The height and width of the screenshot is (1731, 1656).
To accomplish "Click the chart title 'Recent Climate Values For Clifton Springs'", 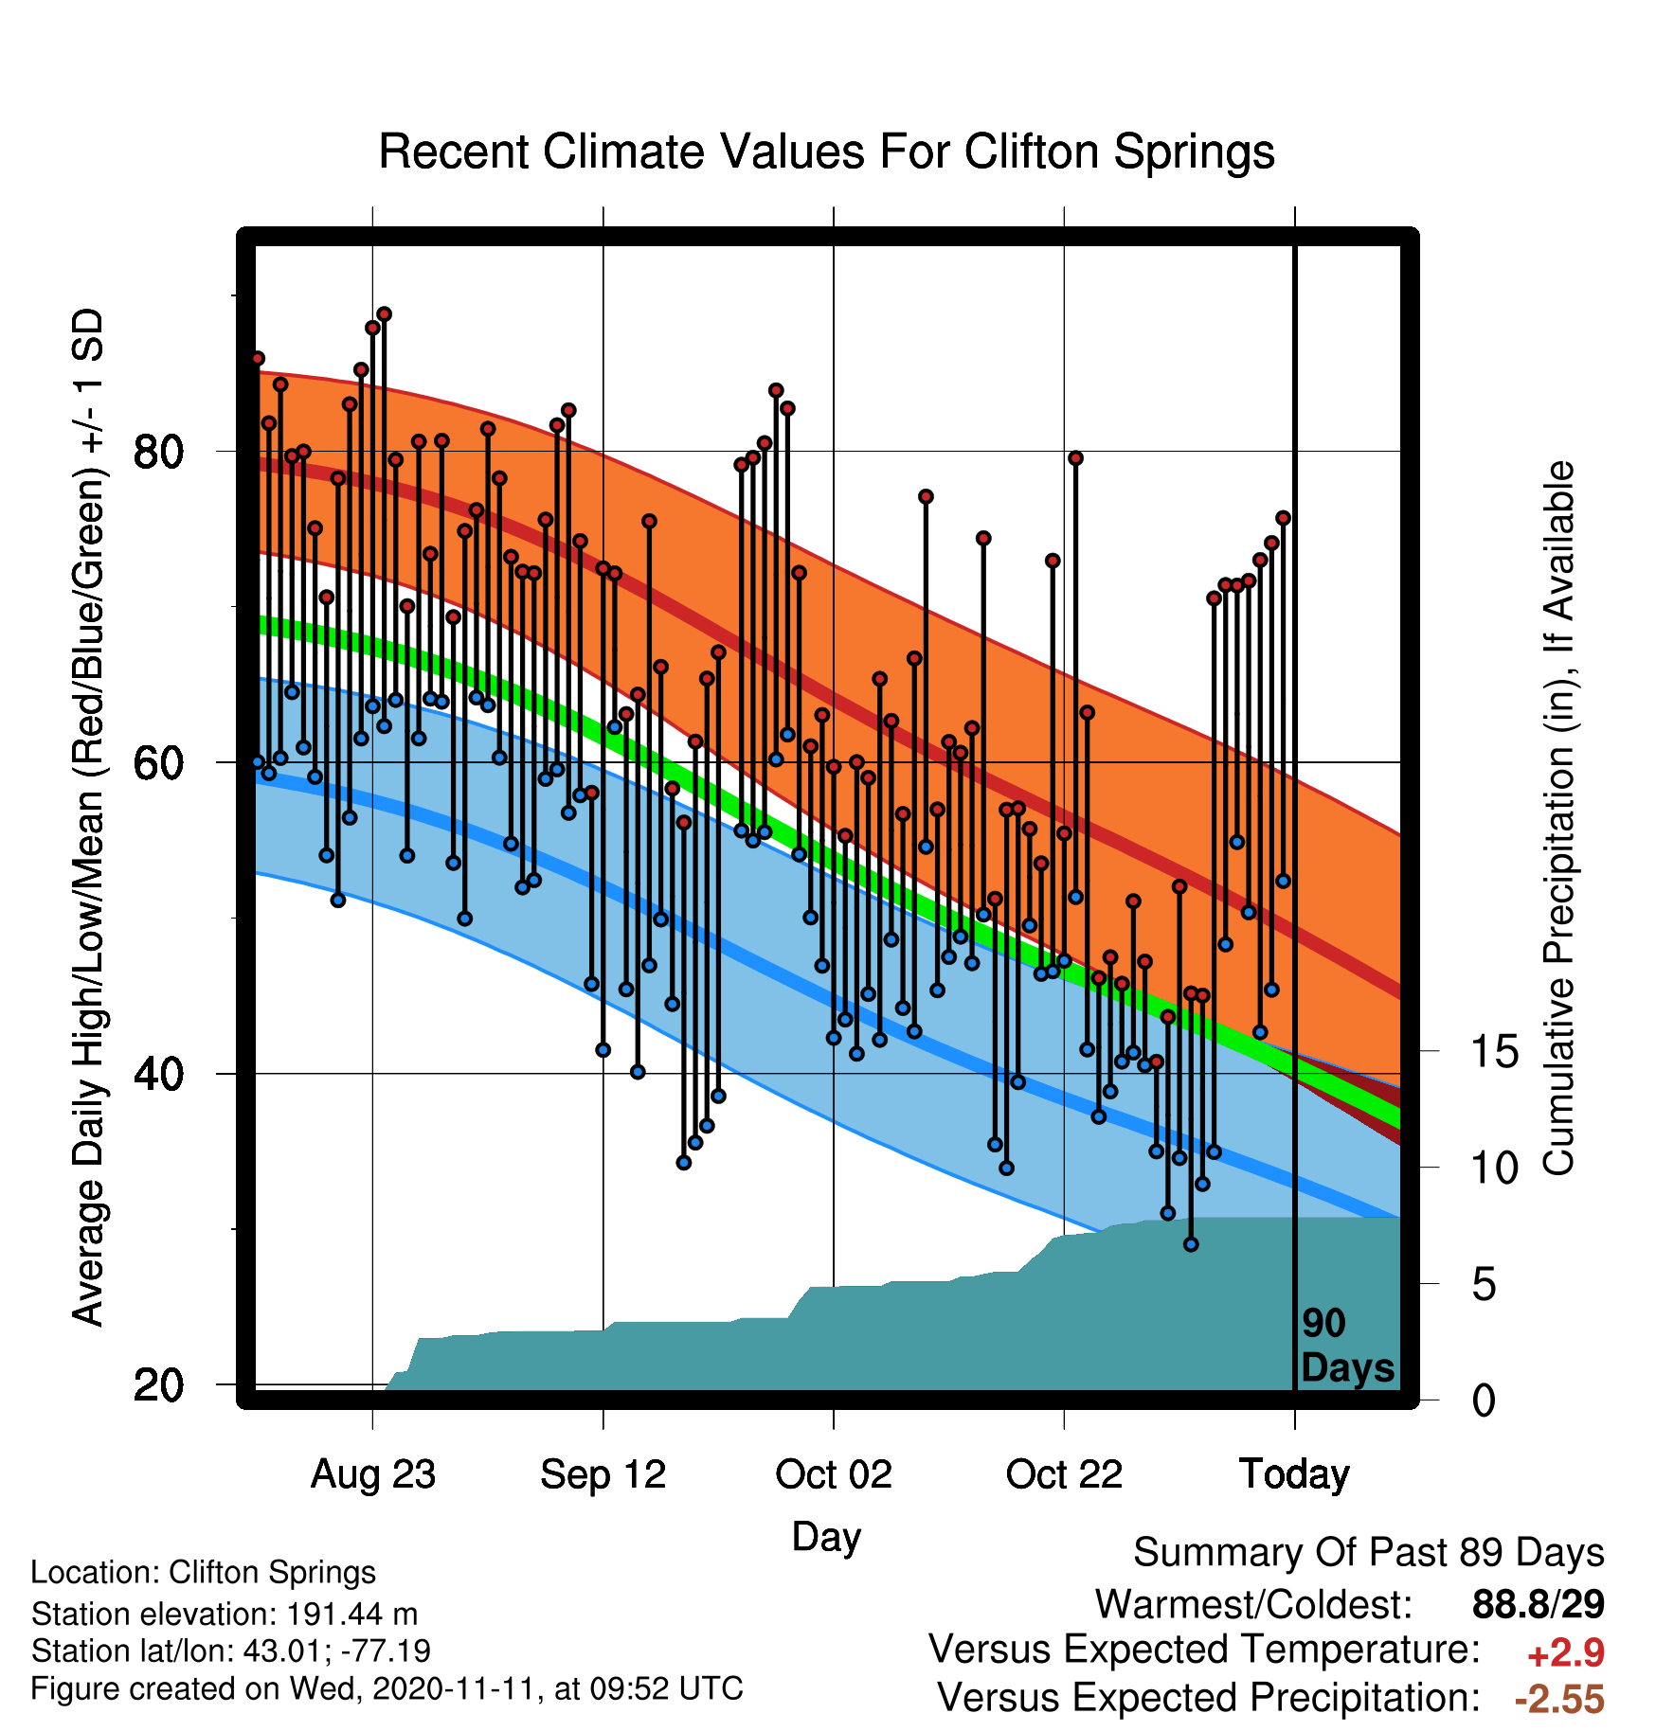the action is pos(826,152).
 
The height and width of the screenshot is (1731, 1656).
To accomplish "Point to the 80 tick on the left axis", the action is pos(158,452).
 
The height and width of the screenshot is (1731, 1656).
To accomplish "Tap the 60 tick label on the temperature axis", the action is pos(158,762).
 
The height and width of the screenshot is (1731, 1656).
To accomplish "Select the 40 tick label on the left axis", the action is pos(158,1074).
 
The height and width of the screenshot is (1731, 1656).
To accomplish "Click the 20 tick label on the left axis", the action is pos(158,1384).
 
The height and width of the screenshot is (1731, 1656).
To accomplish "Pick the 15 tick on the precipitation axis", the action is pos(1495,1051).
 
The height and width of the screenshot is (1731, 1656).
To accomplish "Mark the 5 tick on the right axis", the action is pos(1485,1285).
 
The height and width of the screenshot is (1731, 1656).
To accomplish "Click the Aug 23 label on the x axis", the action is pos(373,1474).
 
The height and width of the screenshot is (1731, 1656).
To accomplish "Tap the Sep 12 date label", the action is pos(603,1474).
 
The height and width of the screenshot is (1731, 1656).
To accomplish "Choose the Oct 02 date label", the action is pos(834,1474).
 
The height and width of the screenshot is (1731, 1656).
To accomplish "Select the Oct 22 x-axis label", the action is pos(1064,1474).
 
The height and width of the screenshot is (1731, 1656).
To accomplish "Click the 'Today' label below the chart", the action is pos(1295,1474).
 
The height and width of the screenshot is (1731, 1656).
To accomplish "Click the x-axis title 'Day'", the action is pos(826,1537).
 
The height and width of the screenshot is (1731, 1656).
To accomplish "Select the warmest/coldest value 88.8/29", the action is pos(1539,1604).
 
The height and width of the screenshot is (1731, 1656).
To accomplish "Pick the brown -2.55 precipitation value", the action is pos(1559,1699).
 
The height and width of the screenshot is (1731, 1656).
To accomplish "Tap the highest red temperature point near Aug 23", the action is pos(384,314).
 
